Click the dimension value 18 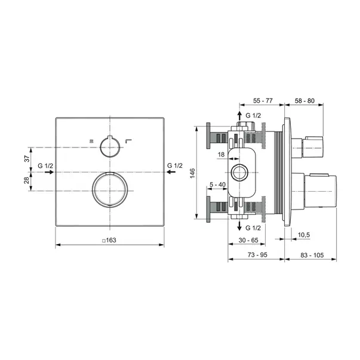click(221, 155)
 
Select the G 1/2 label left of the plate click(45, 165)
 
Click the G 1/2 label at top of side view click(253, 114)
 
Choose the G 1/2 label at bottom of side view click(253, 228)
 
